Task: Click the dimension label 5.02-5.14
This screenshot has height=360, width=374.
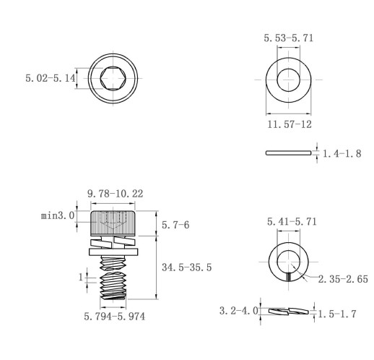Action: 51,78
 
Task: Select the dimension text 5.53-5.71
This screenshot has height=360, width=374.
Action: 289,38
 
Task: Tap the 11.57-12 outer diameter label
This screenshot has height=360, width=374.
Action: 290,124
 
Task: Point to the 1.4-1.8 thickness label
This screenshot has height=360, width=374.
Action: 342,153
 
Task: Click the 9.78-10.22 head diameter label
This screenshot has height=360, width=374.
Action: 115,194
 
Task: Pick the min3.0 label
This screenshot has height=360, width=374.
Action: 58,215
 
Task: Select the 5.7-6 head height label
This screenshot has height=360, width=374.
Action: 175,225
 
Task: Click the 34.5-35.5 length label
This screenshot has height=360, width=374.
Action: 187,267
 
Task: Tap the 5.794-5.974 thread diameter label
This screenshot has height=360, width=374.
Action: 115,317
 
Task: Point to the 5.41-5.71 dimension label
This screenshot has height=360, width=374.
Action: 292,222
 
